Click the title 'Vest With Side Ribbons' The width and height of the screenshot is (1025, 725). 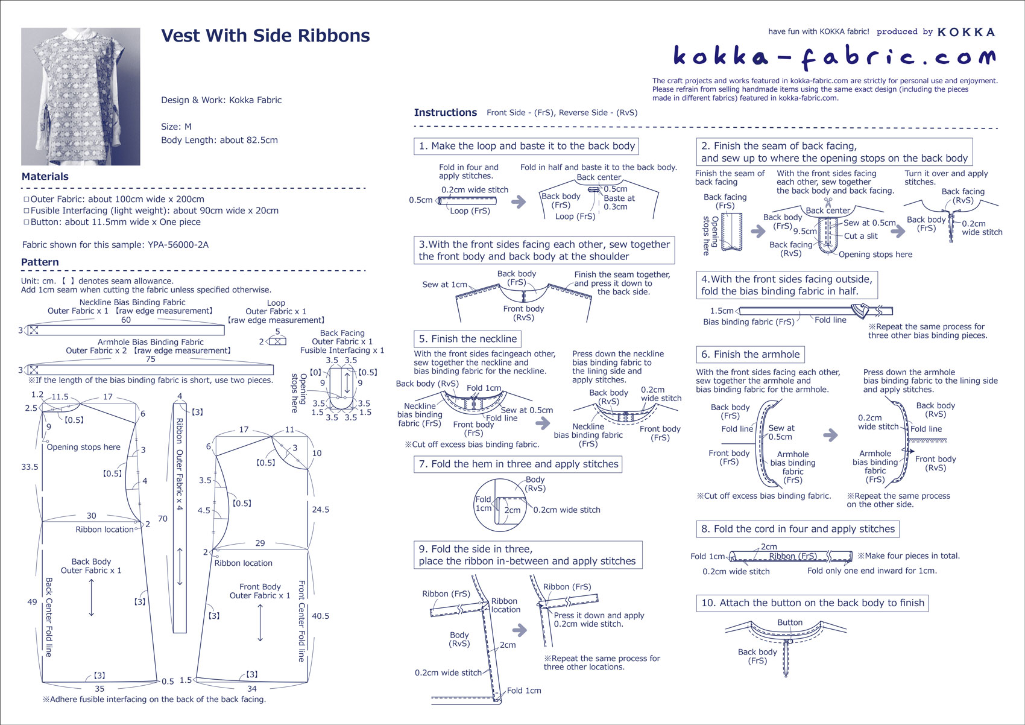coord(265,36)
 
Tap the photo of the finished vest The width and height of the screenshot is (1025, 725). coord(81,97)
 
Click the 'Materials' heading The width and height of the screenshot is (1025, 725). coord(45,177)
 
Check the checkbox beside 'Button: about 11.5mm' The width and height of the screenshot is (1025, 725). coord(26,222)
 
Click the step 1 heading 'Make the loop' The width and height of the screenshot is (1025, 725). coord(526,146)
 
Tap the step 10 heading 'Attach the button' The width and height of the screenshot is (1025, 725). coord(812,603)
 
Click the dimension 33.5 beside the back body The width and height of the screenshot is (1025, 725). coord(30,467)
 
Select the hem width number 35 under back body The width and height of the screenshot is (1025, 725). coord(99,688)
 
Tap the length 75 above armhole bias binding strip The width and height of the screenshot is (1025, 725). coord(151,359)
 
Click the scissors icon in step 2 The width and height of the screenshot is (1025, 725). coord(828,201)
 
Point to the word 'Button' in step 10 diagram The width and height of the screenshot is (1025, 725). coord(789,622)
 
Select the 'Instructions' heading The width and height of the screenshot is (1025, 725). coord(445,113)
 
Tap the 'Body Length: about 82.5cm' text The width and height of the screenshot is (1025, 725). coord(219,140)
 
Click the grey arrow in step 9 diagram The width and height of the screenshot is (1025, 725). coord(519,630)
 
